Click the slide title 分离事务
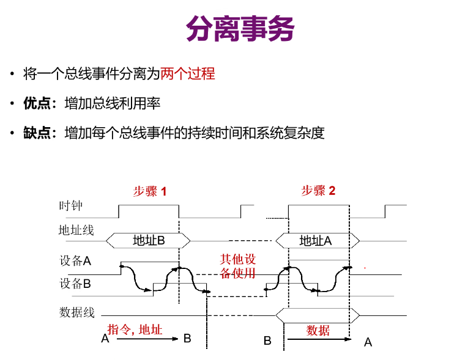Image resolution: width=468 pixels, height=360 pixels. [240, 29]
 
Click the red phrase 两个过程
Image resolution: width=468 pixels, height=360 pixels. [188, 74]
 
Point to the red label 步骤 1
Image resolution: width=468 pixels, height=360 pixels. [149, 191]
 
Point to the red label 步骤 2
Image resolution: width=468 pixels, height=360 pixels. [318, 191]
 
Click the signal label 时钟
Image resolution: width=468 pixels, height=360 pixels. [70, 206]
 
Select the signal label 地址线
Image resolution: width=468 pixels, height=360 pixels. [76, 230]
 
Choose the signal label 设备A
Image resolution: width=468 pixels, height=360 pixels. [75, 261]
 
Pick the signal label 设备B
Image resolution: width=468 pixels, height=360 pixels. [75, 284]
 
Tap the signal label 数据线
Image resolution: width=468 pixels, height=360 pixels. [76, 312]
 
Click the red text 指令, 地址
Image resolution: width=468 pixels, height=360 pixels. [135, 329]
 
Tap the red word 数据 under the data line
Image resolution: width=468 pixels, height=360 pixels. [318, 331]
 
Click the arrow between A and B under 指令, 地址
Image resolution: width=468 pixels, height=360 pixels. [147, 339]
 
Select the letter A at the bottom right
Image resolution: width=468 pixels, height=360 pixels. [368, 342]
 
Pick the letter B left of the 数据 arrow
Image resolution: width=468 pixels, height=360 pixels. [267, 340]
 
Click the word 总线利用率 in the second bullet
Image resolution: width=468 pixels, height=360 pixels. [125, 103]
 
